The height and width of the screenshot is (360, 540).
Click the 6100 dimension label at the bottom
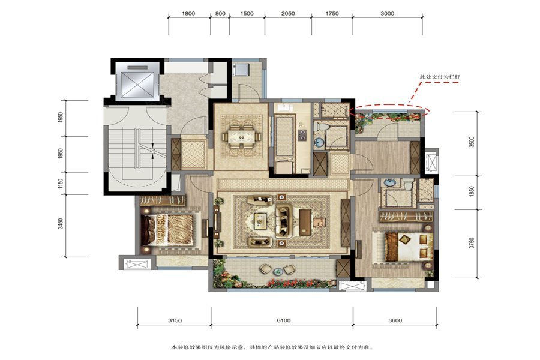click(x=283, y=320)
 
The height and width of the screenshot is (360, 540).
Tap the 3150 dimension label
click(x=175, y=320)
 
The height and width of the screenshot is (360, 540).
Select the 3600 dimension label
click(x=395, y=320)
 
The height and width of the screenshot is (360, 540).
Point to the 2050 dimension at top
click(x=288, y=14)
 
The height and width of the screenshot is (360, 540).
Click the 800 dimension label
click(x=220, y=14)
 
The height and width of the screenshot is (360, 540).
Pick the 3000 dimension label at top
click(x=388, y=14)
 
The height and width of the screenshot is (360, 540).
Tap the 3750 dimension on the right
click(x=472, y=243)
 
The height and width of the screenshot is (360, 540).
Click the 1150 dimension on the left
click(x=61, y=184)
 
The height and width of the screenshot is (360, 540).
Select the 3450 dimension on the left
click(x=61, y=224)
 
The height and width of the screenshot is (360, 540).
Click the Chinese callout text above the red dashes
click(x=440, y=77)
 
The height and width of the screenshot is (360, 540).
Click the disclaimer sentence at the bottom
click(x=272, y=347)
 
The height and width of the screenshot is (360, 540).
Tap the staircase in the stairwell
click(x=137, y=148)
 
